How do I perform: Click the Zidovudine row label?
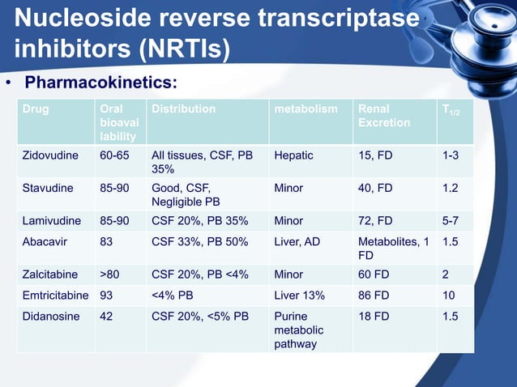(x=52, y=155)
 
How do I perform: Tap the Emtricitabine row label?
(x=54, y=296)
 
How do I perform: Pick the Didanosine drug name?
(x=50, y=317)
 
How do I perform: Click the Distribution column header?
(x=184, y=108)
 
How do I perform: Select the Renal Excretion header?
(x=384, y=115)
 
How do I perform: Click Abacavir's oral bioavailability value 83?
(x=107, y=241)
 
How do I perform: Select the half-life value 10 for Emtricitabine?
(x=449, y=296)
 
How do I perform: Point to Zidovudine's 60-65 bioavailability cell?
(x=113, y=155)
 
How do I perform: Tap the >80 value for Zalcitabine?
(x=109, y=274)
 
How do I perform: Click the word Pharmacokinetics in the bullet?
(x=100, y=83)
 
